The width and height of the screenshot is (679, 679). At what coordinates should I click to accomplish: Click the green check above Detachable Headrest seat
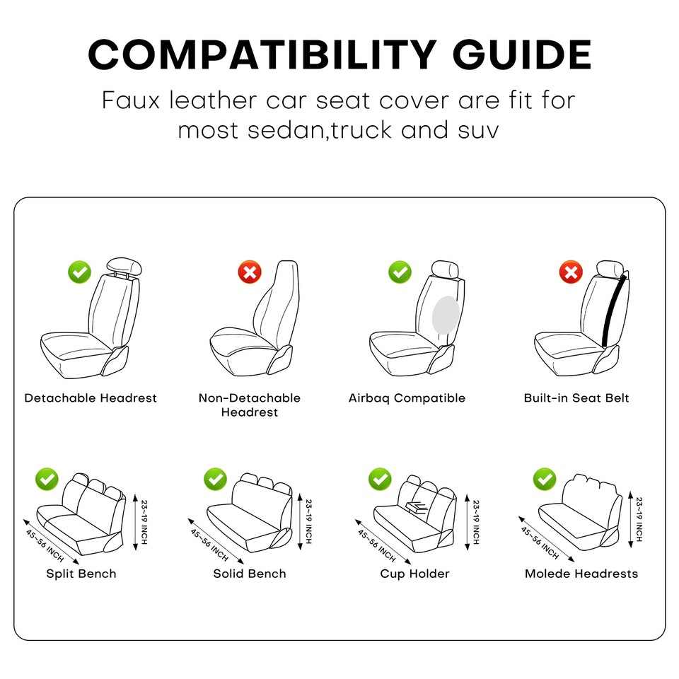[x=79, y=271]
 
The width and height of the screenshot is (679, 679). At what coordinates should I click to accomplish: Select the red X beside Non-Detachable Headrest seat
[x=249, y=271]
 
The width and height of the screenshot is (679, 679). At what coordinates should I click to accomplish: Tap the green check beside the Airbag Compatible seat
[x=400, y=271]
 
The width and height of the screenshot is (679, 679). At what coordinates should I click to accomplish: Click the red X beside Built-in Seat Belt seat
[x=570, y=271]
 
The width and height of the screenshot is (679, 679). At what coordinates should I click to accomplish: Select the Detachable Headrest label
[x=91, y=398]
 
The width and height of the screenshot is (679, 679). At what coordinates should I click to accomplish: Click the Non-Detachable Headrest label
[x=250, y=405]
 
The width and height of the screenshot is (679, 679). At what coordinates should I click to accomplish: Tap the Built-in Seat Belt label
[x=576, y=398]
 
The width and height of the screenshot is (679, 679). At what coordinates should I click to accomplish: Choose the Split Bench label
[x=81, y=574]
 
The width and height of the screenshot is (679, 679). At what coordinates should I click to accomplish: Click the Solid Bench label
[x=250, y=574]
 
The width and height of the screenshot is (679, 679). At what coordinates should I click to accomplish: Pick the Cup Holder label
[x=414, y=574]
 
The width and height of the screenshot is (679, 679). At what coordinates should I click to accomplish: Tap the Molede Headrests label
[x=581, y=574]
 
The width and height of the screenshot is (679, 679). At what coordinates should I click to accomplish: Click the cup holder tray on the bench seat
[x=417, y=505]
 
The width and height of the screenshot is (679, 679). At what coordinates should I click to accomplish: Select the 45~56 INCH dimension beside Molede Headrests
[x=540, y=544]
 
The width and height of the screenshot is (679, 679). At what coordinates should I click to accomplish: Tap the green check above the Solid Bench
[x=215, y=479]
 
